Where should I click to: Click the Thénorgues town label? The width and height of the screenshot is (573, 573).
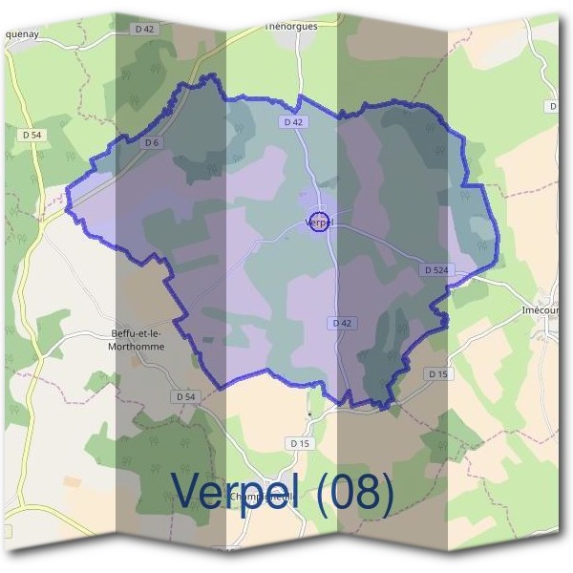[x=290, y=27]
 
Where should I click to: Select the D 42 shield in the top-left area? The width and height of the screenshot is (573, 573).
[x=144, y=30]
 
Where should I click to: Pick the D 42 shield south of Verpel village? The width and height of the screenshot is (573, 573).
[x=343, y=324]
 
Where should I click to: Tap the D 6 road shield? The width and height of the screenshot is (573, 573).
[x=149, y=142]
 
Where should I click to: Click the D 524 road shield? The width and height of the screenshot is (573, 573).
[x=435, y=270]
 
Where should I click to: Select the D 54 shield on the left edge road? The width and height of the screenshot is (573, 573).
[x=31, y=136]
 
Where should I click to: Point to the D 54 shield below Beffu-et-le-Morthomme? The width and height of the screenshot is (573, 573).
[x=185, y=395]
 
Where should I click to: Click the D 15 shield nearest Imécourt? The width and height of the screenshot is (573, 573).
[x=438, y=373]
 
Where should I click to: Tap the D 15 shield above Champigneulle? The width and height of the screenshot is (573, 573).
[x=300, y=443]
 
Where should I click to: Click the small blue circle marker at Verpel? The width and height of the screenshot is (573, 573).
[x=320, y=223]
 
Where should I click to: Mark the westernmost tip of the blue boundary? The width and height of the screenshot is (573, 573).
[x=66, y=201]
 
